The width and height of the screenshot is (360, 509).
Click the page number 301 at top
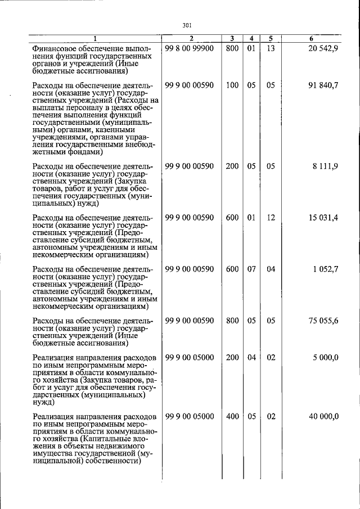click(188, 24)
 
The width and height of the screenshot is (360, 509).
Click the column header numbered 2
click(191, 38)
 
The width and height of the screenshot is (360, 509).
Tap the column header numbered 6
click(311, 38)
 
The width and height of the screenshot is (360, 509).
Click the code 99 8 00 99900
click(190, 49)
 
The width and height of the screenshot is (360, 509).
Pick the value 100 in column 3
click(232, 85)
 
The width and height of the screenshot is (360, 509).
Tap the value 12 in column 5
click(271, 218)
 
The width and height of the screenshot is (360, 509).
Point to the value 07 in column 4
click(251, 269)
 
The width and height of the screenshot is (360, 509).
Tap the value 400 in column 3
click(232, 416)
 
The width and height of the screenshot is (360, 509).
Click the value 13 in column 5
click(271, 49)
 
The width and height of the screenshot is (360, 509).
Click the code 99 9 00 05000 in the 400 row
click(190, 416)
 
